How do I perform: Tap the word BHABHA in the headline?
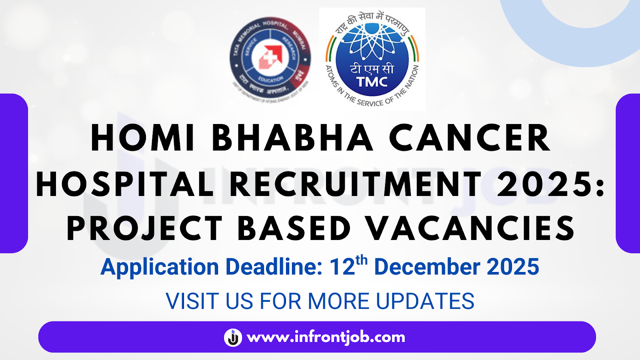pyautogui.click(x=292, y=138)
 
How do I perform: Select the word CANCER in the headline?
pyautogui.click(x=470, y=138)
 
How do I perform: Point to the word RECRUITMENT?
pyautogui.click(x=356, y=184)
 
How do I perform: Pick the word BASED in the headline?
pyautogui.click(x=294, y=228)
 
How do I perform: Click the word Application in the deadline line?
pyautogui.click(x=160, y=267)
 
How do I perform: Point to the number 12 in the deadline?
pyautogui.click(x=342, y=267)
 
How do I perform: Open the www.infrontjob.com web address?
pyautogui.click(x=326, y=337)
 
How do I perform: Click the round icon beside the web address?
pyautogui.click(x=233, y=337)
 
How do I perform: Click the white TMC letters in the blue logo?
pyautogui.click(x=372, y=82)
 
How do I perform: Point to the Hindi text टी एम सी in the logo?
pyautogui.click(x=372, y=69)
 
